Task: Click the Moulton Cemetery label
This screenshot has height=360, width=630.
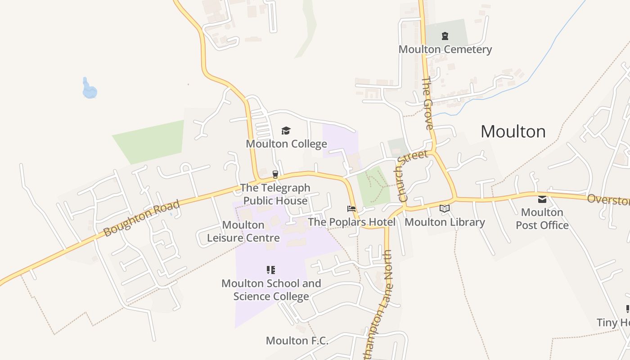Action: (x=445, y=49)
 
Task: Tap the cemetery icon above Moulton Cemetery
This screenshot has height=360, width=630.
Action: (x=445, y=36)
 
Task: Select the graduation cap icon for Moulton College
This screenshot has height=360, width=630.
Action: (x=286, y=130)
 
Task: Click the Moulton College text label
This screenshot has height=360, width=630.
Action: (x=286, y=144)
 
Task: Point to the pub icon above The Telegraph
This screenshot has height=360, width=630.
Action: (x=275, y=174)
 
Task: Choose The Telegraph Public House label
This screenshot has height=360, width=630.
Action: (x=275, y=194)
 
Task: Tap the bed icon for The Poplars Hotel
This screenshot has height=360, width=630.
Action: (x=351, y=209)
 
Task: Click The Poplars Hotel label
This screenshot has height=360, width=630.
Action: (x=351, y=222)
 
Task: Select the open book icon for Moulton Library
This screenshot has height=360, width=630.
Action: (x=445, y=208)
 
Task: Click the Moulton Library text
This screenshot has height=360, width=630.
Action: (x=445, y=222)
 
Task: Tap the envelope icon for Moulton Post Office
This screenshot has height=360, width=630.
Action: (x=542, y=199)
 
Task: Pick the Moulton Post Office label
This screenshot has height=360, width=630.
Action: (x=542, y=219)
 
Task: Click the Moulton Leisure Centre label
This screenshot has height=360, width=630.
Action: (x=243, y=231)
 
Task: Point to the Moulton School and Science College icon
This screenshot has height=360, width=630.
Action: (x=271, y=270)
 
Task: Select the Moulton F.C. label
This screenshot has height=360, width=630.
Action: (x=297, y=341)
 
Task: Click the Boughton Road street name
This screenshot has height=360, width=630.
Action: (x=141, y=218)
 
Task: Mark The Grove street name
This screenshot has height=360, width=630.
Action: (x=427, y=103)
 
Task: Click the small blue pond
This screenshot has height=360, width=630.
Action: (x=89, y=90)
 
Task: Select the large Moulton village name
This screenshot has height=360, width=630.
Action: (x=513, y=131)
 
